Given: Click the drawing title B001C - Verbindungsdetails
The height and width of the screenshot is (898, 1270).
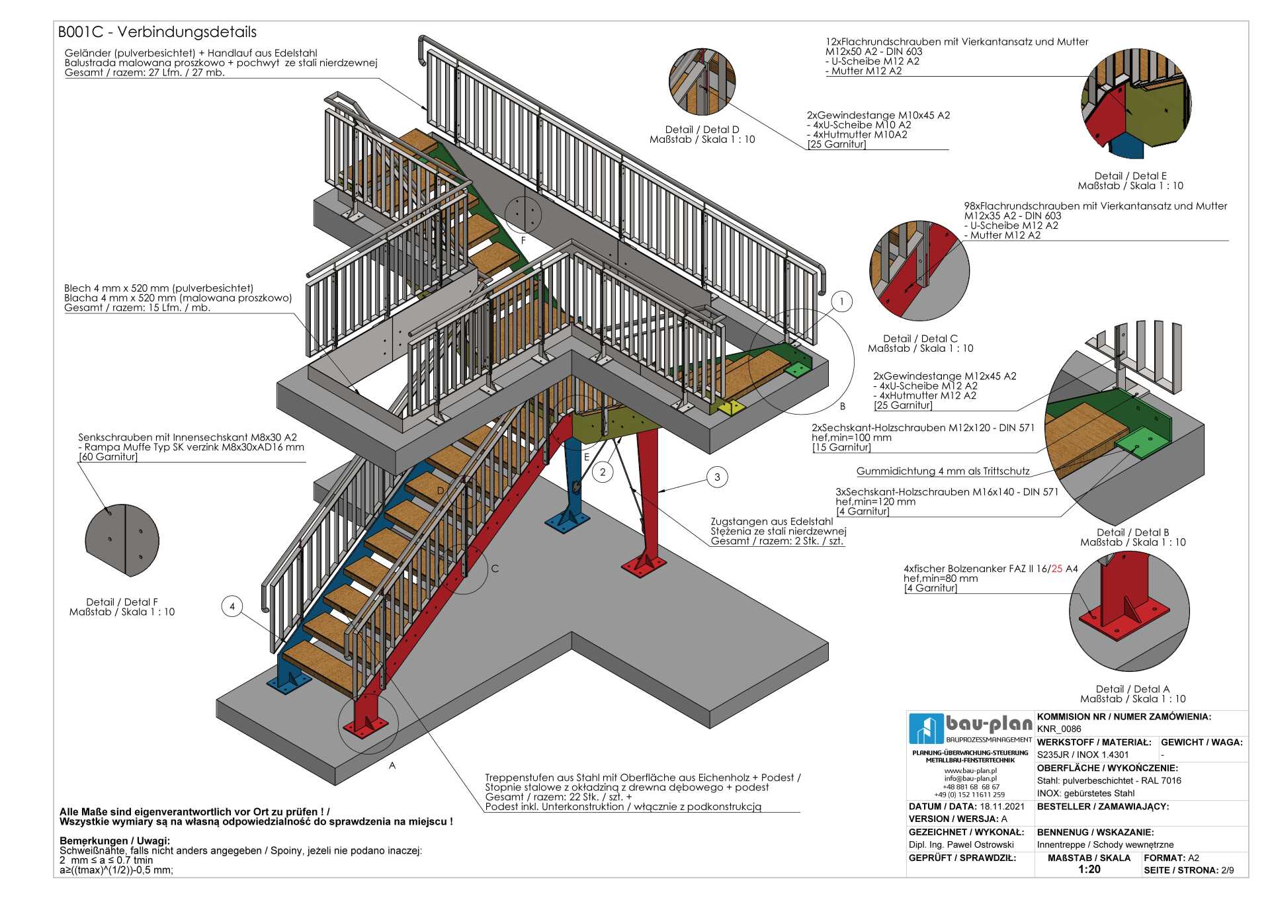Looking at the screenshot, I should (157, 32).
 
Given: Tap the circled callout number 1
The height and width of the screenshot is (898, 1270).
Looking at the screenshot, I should (841, 302).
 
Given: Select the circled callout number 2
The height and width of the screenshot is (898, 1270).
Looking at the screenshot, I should (603, 472).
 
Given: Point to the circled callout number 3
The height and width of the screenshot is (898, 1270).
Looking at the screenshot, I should (717, 477).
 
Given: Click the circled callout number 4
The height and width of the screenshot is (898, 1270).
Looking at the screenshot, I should (232, 606).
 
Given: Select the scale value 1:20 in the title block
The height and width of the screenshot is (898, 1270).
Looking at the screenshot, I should (1089, 870).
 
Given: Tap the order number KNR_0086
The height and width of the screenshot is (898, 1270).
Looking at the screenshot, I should (1059, 729).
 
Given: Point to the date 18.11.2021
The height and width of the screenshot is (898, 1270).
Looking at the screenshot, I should (1002, 807).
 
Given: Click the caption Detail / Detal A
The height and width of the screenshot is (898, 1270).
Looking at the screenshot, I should (1132, 689).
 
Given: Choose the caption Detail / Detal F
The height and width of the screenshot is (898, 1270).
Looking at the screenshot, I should (122, 602).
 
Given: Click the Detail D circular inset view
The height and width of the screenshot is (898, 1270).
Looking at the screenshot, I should (702, 81).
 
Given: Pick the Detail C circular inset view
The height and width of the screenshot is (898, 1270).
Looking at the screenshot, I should (919, 271).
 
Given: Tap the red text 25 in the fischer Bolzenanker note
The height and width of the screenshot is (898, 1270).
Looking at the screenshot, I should (1056, 569).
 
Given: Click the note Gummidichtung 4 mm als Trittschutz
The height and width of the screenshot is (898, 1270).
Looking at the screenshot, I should (943, 471).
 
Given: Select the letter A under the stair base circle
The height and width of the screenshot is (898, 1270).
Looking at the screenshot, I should (392, 766).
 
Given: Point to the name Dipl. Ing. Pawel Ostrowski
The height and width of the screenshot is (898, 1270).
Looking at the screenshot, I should (961, 845).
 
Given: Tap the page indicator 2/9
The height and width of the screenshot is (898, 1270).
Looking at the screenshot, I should (1227, 870).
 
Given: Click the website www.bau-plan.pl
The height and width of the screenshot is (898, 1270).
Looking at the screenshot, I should (970, 770).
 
